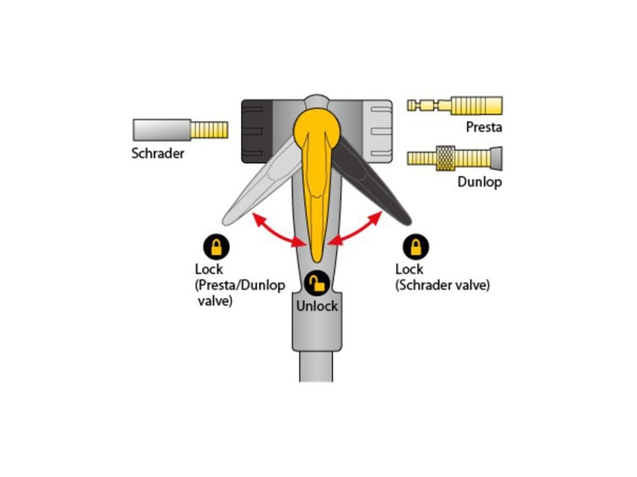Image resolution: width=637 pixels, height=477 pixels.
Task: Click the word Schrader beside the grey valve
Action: coord(157,153)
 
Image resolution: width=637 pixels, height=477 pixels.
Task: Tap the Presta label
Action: coord(483,127)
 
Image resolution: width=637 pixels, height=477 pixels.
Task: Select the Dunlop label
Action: coord(479,182)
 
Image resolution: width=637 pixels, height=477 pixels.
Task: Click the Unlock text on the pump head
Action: coord(317,306)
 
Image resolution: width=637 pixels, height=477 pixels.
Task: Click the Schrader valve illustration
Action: coord(180,129)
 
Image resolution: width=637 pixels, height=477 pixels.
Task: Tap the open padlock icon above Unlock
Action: coord(317,284)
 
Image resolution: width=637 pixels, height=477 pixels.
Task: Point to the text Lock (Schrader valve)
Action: coord(442,278)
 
